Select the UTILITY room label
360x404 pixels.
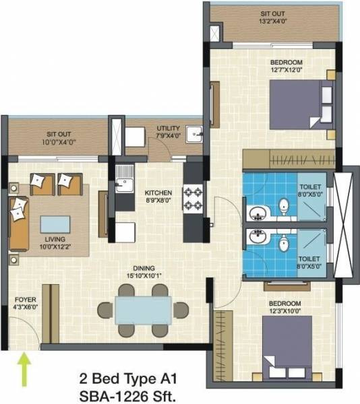[168, 131]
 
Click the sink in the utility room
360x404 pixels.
[194, 133]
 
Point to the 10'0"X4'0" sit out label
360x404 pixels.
[61, 138]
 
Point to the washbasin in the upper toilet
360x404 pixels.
[257, 214]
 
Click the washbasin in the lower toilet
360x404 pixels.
[257, 237]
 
